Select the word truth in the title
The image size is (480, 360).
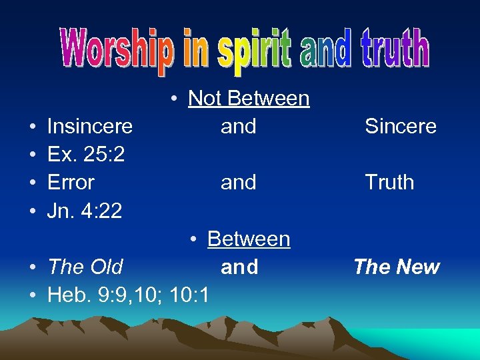[393, 49]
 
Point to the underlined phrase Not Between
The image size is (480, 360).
[249, 99]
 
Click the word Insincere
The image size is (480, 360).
[90, 126]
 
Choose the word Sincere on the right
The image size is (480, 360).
[401, 126]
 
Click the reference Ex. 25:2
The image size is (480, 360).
[86, 154]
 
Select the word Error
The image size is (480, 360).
[71, 182]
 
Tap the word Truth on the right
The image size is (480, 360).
[389, 182]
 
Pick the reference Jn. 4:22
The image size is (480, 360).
[85, 211]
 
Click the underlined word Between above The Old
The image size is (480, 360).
[249, 239]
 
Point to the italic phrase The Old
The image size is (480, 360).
[85, 267]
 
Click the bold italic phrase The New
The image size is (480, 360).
[397, 267]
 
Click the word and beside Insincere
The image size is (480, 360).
[239, 126]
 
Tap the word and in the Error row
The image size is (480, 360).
[239, 182]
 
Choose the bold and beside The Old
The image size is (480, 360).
[239, 267]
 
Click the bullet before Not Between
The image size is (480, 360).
[173, 99]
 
